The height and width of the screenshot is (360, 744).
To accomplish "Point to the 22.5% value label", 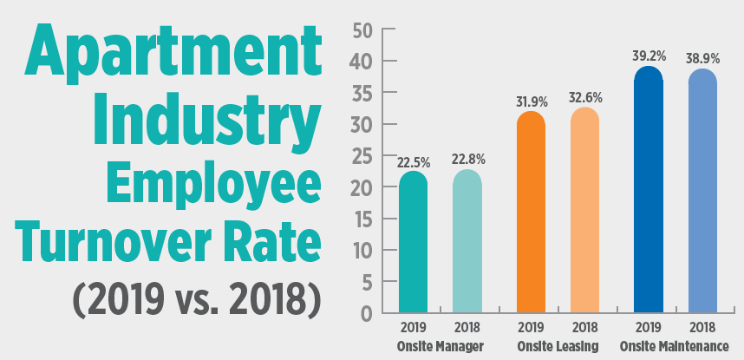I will [x=413, y=160].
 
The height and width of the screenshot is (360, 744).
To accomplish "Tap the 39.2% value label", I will [x=648, y=56].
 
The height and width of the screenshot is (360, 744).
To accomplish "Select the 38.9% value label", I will [x=702, y=58].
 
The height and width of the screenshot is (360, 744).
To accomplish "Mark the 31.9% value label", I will [x=531, y=101].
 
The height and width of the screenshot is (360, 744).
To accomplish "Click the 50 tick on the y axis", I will [x=362, y=30].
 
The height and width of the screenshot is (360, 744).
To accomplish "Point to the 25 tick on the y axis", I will [x=362, y=156].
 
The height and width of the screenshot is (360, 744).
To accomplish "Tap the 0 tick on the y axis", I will [x=368, y=313].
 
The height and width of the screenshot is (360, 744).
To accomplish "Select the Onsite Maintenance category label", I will [x=675, y=345].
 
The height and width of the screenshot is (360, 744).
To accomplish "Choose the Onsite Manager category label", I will [x=441, y=345].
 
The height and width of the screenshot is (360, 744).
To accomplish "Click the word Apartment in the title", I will [x=165, y=56].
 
